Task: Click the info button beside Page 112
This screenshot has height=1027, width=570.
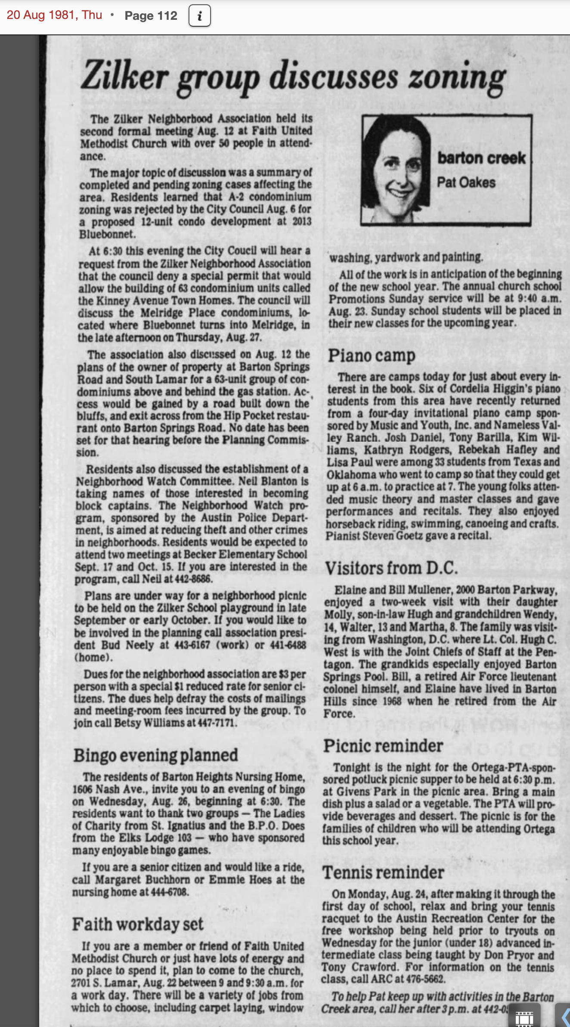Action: (199, 16)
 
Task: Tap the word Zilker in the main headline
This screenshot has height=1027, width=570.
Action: (125, 76)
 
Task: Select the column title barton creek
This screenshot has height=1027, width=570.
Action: (481, 158)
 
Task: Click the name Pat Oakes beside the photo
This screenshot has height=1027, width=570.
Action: (466, 183)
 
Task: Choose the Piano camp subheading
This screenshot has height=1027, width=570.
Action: (372, 356)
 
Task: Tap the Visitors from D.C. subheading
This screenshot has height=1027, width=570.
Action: (391, 568)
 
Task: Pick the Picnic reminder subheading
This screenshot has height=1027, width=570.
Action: (383, 746)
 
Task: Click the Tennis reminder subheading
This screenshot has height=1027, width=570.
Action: (383, 872)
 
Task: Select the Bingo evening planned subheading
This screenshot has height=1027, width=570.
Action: (155, 755)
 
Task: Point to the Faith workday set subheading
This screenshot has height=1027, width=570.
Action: (138, 925)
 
